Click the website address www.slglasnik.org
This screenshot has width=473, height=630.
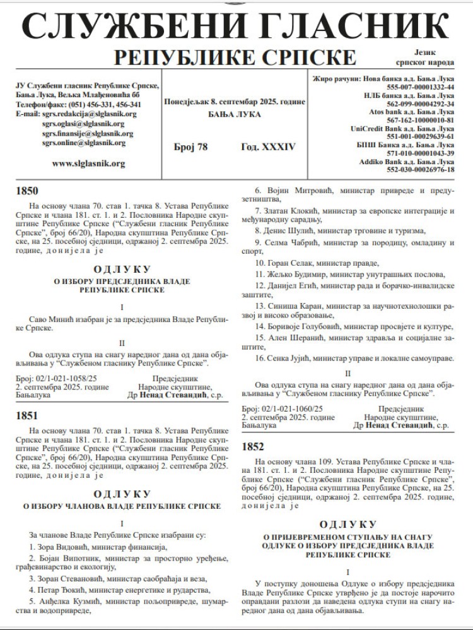pos(88,163)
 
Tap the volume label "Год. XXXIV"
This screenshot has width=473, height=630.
pos(268,147)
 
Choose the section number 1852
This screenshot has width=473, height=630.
pos(254,446)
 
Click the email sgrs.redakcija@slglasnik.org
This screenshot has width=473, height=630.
pos(88,114)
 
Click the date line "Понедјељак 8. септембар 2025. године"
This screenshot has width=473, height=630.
pos(234,102)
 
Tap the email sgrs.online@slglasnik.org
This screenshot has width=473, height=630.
pos(84,143)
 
